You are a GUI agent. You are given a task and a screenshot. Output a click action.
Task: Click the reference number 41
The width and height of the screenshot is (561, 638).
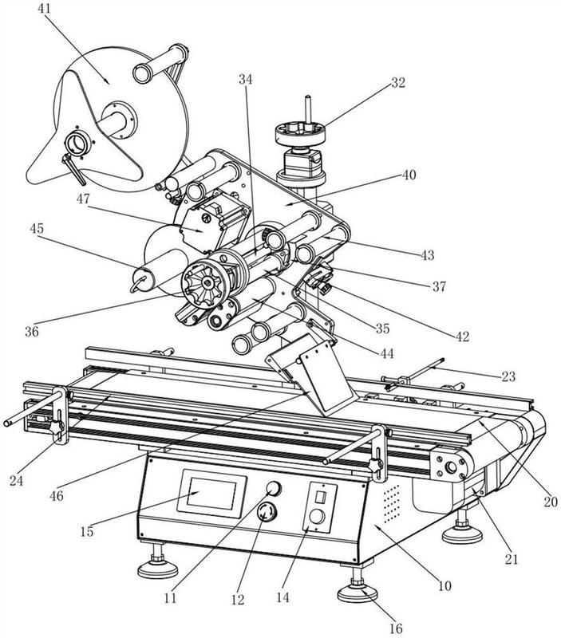click(44, 8)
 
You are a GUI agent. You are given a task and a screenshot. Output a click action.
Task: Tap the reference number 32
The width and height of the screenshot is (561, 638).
click(398, 82)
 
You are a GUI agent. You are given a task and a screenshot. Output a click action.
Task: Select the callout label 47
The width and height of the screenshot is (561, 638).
click(83, 199)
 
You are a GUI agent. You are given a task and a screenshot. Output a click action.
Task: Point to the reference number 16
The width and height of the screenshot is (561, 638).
click(396, 628)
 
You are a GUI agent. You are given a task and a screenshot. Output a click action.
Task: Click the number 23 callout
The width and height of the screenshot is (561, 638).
click(508, 376)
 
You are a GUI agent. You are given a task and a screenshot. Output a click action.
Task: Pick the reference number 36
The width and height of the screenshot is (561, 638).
click(32, 331)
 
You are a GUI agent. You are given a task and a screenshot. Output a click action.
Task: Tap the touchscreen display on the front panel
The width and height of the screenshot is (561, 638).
click(212, 493)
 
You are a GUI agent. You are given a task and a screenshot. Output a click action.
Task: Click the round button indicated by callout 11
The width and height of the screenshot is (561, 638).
click(274, 488)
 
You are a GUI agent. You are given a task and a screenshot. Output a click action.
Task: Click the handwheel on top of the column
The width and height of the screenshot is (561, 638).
click(300, 133)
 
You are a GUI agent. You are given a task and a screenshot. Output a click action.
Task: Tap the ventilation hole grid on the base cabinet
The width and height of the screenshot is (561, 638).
click(391, 504)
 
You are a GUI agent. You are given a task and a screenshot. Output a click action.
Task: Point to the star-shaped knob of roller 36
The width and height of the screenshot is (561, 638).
click(203, 282)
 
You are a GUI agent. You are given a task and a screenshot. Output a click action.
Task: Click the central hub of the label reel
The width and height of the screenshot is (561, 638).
click(119, 120)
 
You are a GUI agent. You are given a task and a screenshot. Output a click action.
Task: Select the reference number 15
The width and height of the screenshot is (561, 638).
click(87, 531)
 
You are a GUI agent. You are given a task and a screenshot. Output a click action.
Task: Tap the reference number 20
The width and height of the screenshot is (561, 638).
click(551, 502)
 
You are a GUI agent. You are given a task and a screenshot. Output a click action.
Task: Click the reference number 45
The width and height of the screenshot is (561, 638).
click(37, 228)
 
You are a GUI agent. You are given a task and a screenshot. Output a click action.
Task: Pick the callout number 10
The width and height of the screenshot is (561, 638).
click(444, 586)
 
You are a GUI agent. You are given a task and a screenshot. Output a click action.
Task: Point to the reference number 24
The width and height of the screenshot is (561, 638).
click(16, 481)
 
